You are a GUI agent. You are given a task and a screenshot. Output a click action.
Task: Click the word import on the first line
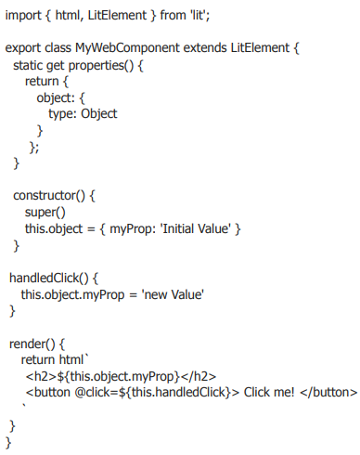23,16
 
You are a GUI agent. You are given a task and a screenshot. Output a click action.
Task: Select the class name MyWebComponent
127,48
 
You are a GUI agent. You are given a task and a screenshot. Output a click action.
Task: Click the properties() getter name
101,66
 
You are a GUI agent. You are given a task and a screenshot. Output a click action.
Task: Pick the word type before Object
62,114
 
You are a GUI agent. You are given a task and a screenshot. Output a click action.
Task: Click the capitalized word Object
99,114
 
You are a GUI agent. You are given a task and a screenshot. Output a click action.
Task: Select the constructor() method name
49,196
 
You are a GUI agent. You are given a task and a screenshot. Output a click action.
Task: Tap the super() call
45,213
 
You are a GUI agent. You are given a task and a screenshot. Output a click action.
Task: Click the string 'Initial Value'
195,228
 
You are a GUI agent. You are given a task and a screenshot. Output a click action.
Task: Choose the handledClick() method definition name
49,278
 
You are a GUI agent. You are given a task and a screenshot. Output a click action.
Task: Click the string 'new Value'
173,294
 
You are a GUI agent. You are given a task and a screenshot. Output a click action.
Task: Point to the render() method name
32,344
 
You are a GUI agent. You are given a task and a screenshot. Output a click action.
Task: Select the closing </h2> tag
199,376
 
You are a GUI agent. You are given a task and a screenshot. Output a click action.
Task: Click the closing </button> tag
328,392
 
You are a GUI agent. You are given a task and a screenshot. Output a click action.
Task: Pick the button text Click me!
269,392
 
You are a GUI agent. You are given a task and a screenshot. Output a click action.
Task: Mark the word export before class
23,48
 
